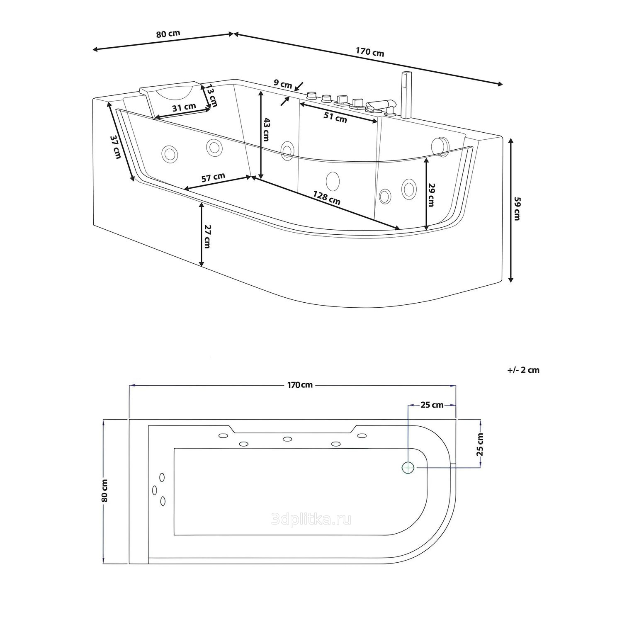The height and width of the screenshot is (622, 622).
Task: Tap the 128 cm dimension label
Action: click(327, 198)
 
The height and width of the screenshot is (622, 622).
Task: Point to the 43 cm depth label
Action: click(267, 129)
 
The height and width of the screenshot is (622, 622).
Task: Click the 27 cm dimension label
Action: click(207, 237)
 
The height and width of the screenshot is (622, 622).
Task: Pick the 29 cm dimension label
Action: click(431, 194)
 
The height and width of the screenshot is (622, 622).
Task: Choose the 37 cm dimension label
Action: click(116, 147)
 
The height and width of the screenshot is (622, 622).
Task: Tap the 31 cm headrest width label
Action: click(184, 107)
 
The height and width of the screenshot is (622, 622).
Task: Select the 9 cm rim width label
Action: click(283, 83)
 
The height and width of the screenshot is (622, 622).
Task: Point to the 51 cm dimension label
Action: click(335, 118)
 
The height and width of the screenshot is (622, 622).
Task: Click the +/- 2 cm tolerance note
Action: click(523, 370)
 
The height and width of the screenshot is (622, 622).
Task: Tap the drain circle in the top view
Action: click(408, 468)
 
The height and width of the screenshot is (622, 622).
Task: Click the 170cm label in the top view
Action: click(300, 385)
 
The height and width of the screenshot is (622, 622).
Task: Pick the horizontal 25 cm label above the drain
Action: click(432, 405)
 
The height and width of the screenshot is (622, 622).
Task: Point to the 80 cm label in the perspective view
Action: click(168, 33)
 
